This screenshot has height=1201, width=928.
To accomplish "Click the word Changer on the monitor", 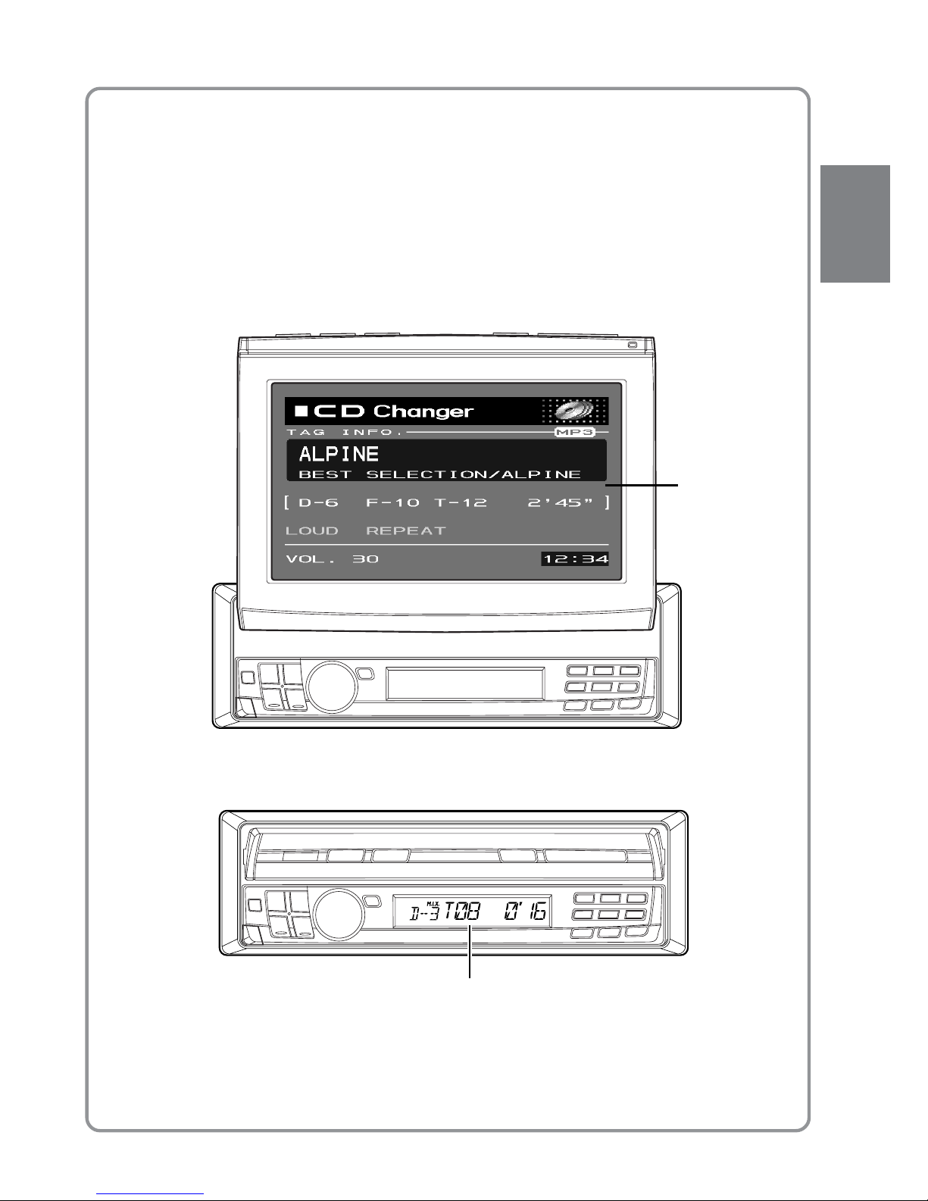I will pyautogui.click(x=423, y=412).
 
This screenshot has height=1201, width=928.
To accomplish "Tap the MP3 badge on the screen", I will pyautogui.click(x=573, y=433).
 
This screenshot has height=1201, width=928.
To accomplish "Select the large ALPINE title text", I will pyautogui.click(x=339, y=455).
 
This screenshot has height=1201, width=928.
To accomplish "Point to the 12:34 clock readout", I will pyautogui.click(x=575, y=560).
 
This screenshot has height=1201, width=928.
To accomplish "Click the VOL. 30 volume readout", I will pyautogui.click(x=332, y=560).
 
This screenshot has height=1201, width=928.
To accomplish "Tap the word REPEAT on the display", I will pyautogui.click(x=406, y=530).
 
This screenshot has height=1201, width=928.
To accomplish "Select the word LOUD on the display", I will pyautogui.click(x=311, y=530).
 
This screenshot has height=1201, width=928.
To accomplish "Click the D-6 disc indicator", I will pyautogui.click(x=318, y=503).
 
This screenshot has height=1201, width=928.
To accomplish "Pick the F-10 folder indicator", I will pyautogui.click(x=392, y=503).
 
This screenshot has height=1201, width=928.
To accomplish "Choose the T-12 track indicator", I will pyautogui.click(x=460, y=503).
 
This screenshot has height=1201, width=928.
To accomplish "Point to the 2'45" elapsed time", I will pyautogui.click(x=560, y=503).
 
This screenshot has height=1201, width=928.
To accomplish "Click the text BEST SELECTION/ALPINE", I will pyautogui.click(x=440, y=474).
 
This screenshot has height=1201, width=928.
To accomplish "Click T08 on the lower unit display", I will pyautogui.click(x=461, y=913).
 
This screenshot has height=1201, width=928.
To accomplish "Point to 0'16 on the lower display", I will pyautogui.click(x=523, y=913).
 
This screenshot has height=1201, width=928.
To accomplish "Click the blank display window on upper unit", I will pyautogui.click(x=464, y=683).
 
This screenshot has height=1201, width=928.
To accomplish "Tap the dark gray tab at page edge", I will pyautogui.click(x=855, y=224).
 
